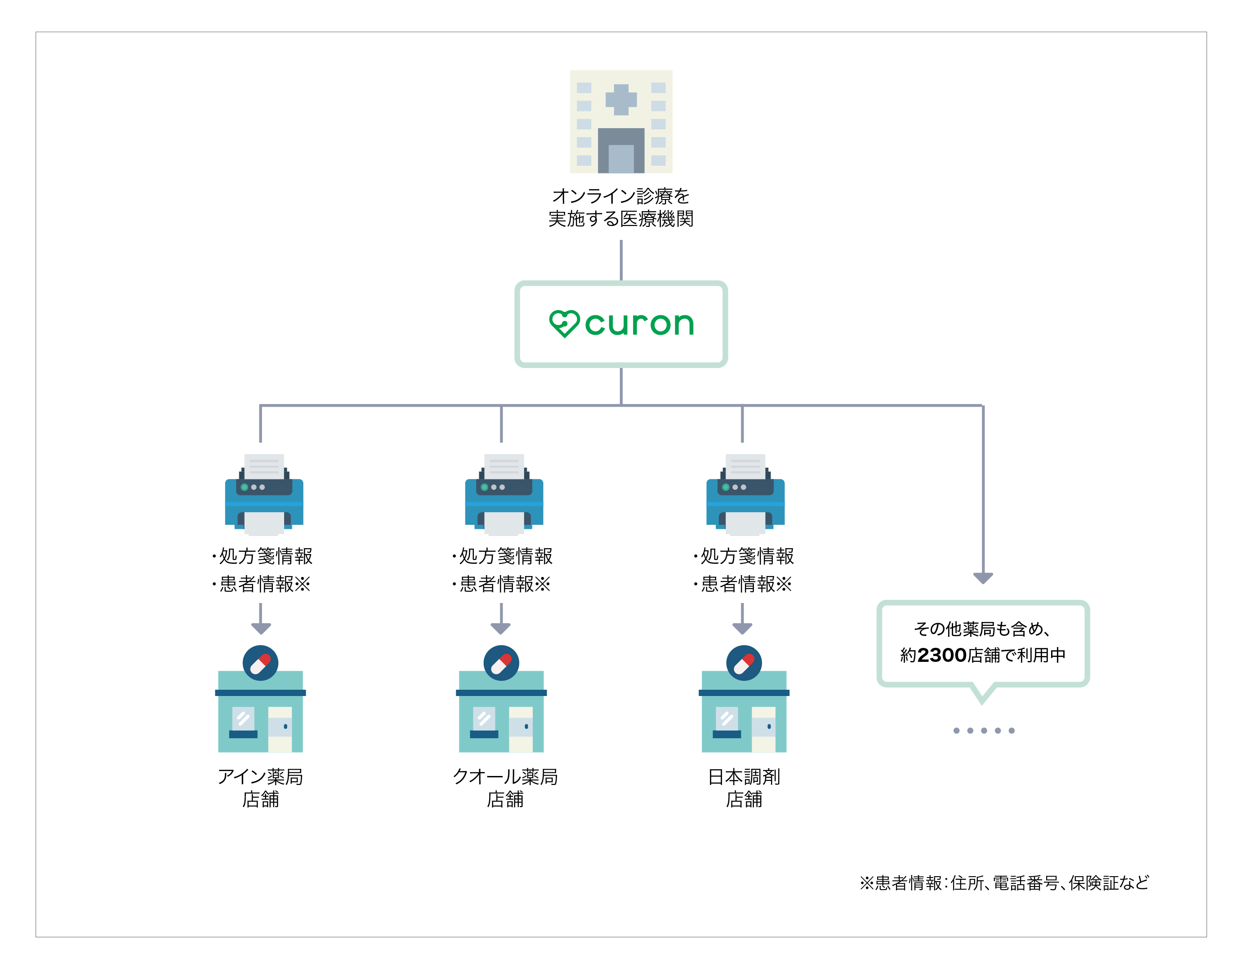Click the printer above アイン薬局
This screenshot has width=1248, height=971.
tap(264, 495)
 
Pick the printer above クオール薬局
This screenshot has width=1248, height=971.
tap(504, 495)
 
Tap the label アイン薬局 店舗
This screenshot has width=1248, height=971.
tap(261, 788)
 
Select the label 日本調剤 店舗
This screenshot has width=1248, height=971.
tap(744, 788)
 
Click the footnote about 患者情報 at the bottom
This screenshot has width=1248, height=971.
tap(1004, 883)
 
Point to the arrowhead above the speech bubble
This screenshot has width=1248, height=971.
tap(983, 577)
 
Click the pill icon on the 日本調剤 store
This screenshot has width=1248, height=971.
tap(744, 663)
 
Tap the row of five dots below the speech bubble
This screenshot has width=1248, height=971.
tap(983, 731)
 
